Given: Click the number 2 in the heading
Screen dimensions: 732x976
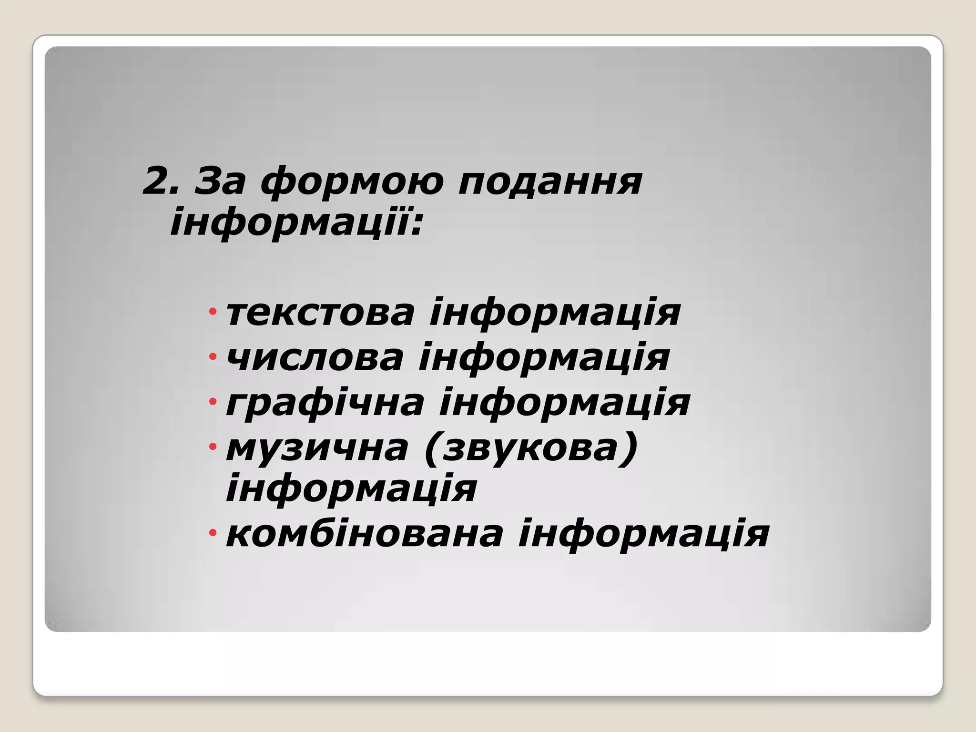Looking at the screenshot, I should pyautogui.click(x=160, y=181).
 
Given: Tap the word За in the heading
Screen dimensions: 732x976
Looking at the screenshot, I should pyautogui.click(x=220, y=181).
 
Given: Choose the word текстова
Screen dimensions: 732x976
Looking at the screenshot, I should pyautogui.click(x=320, y=314).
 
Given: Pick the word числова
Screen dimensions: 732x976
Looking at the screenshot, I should pyautogui.click(x=315, y=358).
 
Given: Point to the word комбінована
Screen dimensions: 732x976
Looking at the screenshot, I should pyautogui.click(x=365, y=534).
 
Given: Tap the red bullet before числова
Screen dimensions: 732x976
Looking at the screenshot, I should pyautogui.click(x=213, y=356).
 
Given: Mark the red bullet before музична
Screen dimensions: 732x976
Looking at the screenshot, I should pyautogui.click(x=213, y=447).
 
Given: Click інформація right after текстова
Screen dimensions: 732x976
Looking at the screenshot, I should pyautogui.click(x=555, y=314).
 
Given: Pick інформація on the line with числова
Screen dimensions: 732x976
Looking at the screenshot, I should pyautogui.click(x=544, y=358).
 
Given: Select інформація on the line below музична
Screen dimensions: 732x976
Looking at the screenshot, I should pyautogui.click(x=351, y=489).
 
